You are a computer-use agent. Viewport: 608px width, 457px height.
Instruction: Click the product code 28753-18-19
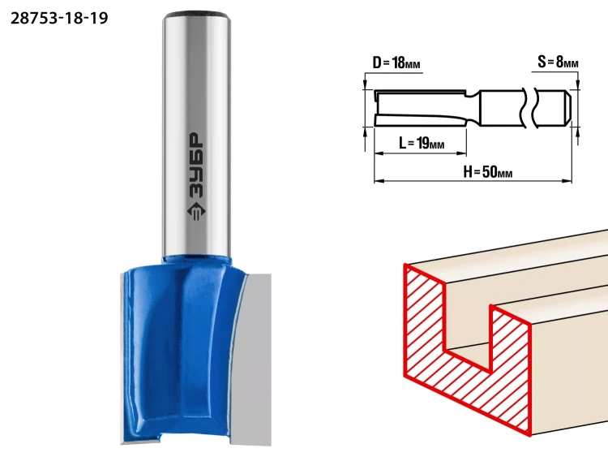coord(59,18)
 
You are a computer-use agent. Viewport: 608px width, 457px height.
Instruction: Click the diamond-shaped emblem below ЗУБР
coord(197,212)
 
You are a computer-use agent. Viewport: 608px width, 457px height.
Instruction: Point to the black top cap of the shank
coord(196,15)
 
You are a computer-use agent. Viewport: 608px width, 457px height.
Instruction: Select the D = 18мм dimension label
coord(396,63)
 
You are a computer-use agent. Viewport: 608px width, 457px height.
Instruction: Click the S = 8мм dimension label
coord(558,62)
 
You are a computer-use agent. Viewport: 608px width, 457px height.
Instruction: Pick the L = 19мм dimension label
coord(422,144)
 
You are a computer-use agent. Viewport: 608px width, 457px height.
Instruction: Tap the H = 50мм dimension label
coord(488,171)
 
